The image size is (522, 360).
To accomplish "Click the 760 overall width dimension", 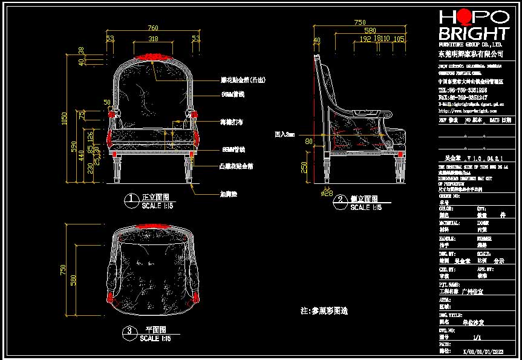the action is (153, 28).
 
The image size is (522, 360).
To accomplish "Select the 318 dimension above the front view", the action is (153, 39).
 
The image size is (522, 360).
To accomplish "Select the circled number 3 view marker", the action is (129, 331).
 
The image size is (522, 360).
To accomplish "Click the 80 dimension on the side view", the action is (308, 142).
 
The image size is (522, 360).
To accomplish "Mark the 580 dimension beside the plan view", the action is (74, 280).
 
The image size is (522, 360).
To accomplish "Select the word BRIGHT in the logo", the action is (474, 33).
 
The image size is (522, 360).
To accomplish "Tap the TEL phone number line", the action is (463, 90).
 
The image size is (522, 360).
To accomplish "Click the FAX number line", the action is (463, 97).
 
